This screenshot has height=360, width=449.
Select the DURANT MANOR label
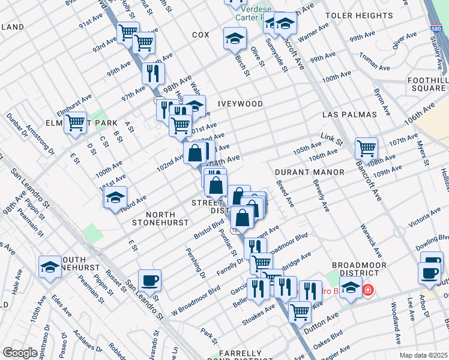309,172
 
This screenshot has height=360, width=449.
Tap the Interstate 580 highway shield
437,29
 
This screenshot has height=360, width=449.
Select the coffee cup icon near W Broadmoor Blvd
149,280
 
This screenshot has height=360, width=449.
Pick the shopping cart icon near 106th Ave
366,147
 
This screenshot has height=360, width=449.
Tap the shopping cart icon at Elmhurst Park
75,123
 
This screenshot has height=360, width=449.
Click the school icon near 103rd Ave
115,197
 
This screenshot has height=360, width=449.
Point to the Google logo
20,353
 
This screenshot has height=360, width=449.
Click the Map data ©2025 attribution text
423,355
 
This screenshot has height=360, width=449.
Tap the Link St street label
330,140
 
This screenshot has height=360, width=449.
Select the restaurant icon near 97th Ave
152,73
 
